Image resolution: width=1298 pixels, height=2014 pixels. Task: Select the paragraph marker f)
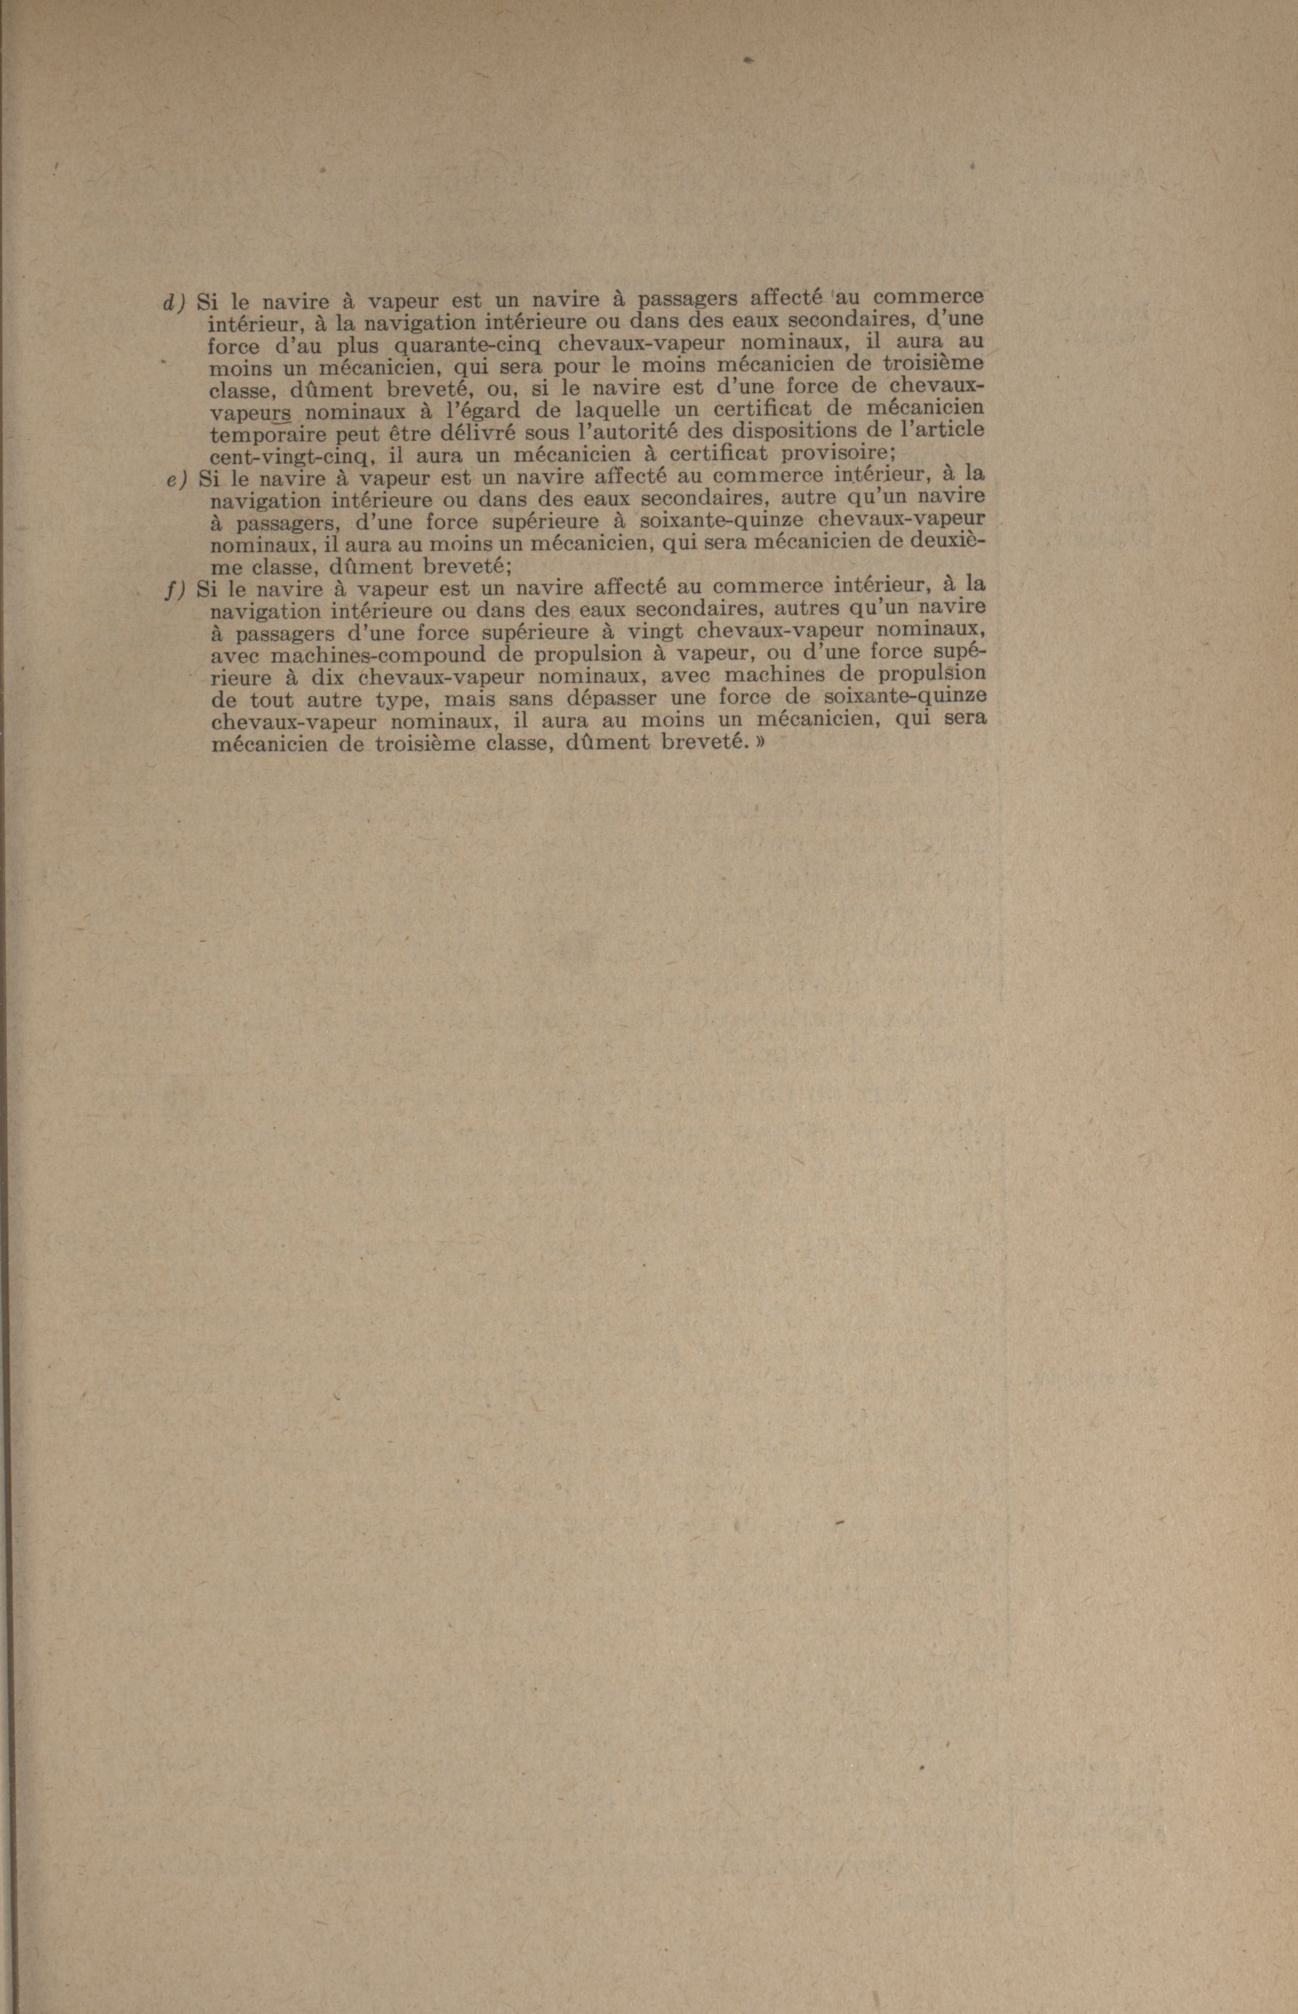point(176,589)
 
